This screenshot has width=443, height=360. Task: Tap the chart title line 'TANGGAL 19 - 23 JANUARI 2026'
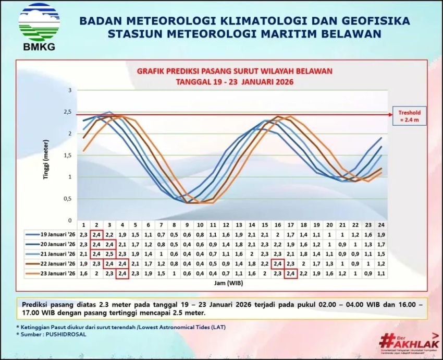234,82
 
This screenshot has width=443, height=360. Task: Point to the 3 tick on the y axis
70,90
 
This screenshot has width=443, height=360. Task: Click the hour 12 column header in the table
226,225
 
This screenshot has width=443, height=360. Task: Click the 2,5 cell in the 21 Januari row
109,254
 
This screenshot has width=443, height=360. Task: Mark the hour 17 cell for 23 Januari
290,273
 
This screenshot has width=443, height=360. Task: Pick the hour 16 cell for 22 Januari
277,263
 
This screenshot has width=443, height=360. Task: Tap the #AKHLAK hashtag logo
408,342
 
